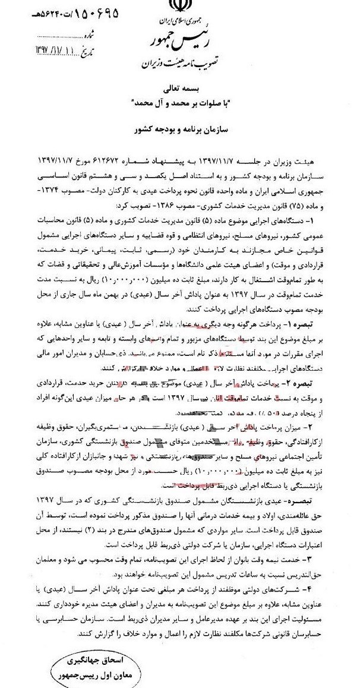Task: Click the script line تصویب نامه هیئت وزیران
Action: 179,63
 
